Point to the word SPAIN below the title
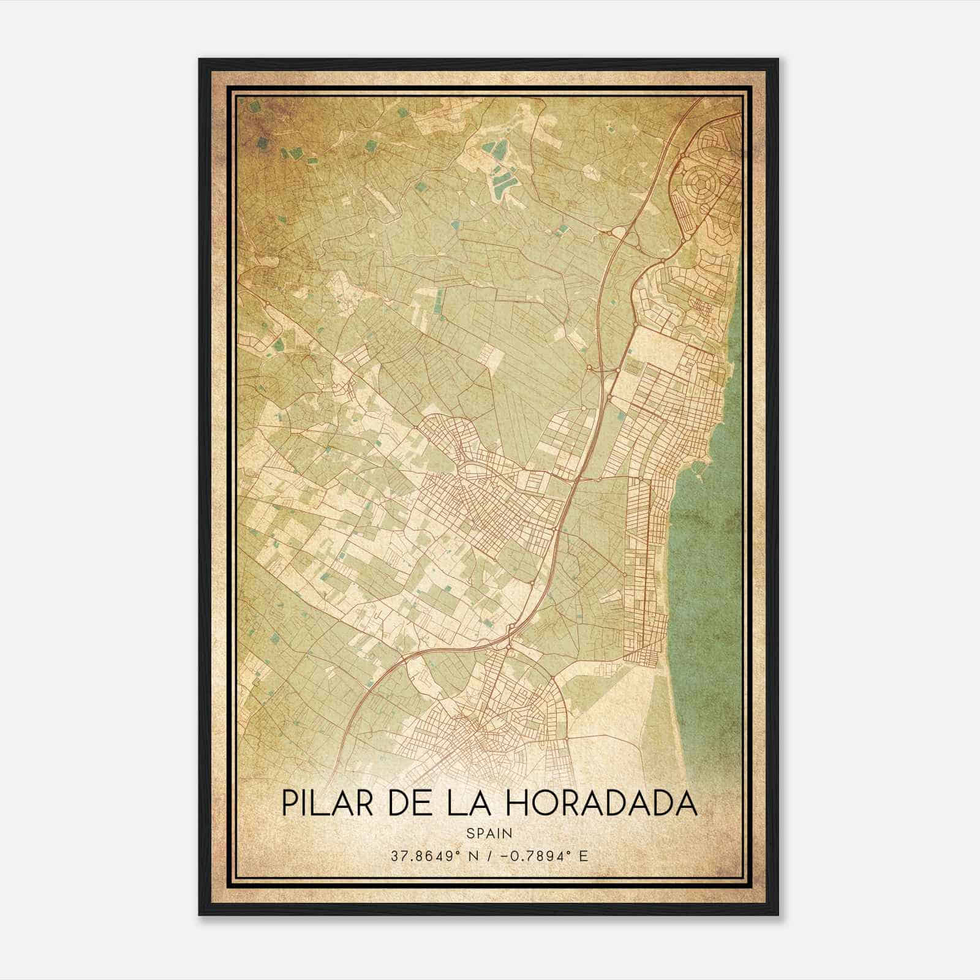pos(489,833)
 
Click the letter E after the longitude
pos(583,856)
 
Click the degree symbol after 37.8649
pos(450,852)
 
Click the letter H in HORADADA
pos(517,804)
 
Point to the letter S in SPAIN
pos(470,833)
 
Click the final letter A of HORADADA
pos(687,804)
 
